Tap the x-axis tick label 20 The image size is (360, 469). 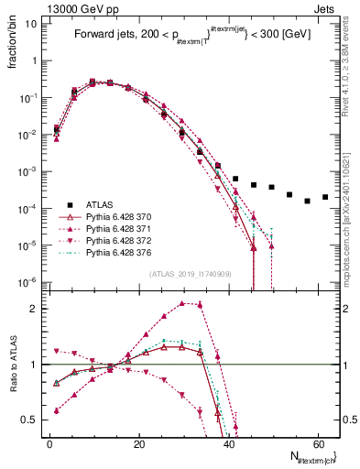[x=137, y=444]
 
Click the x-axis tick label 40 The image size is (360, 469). [x=227, y=444]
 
